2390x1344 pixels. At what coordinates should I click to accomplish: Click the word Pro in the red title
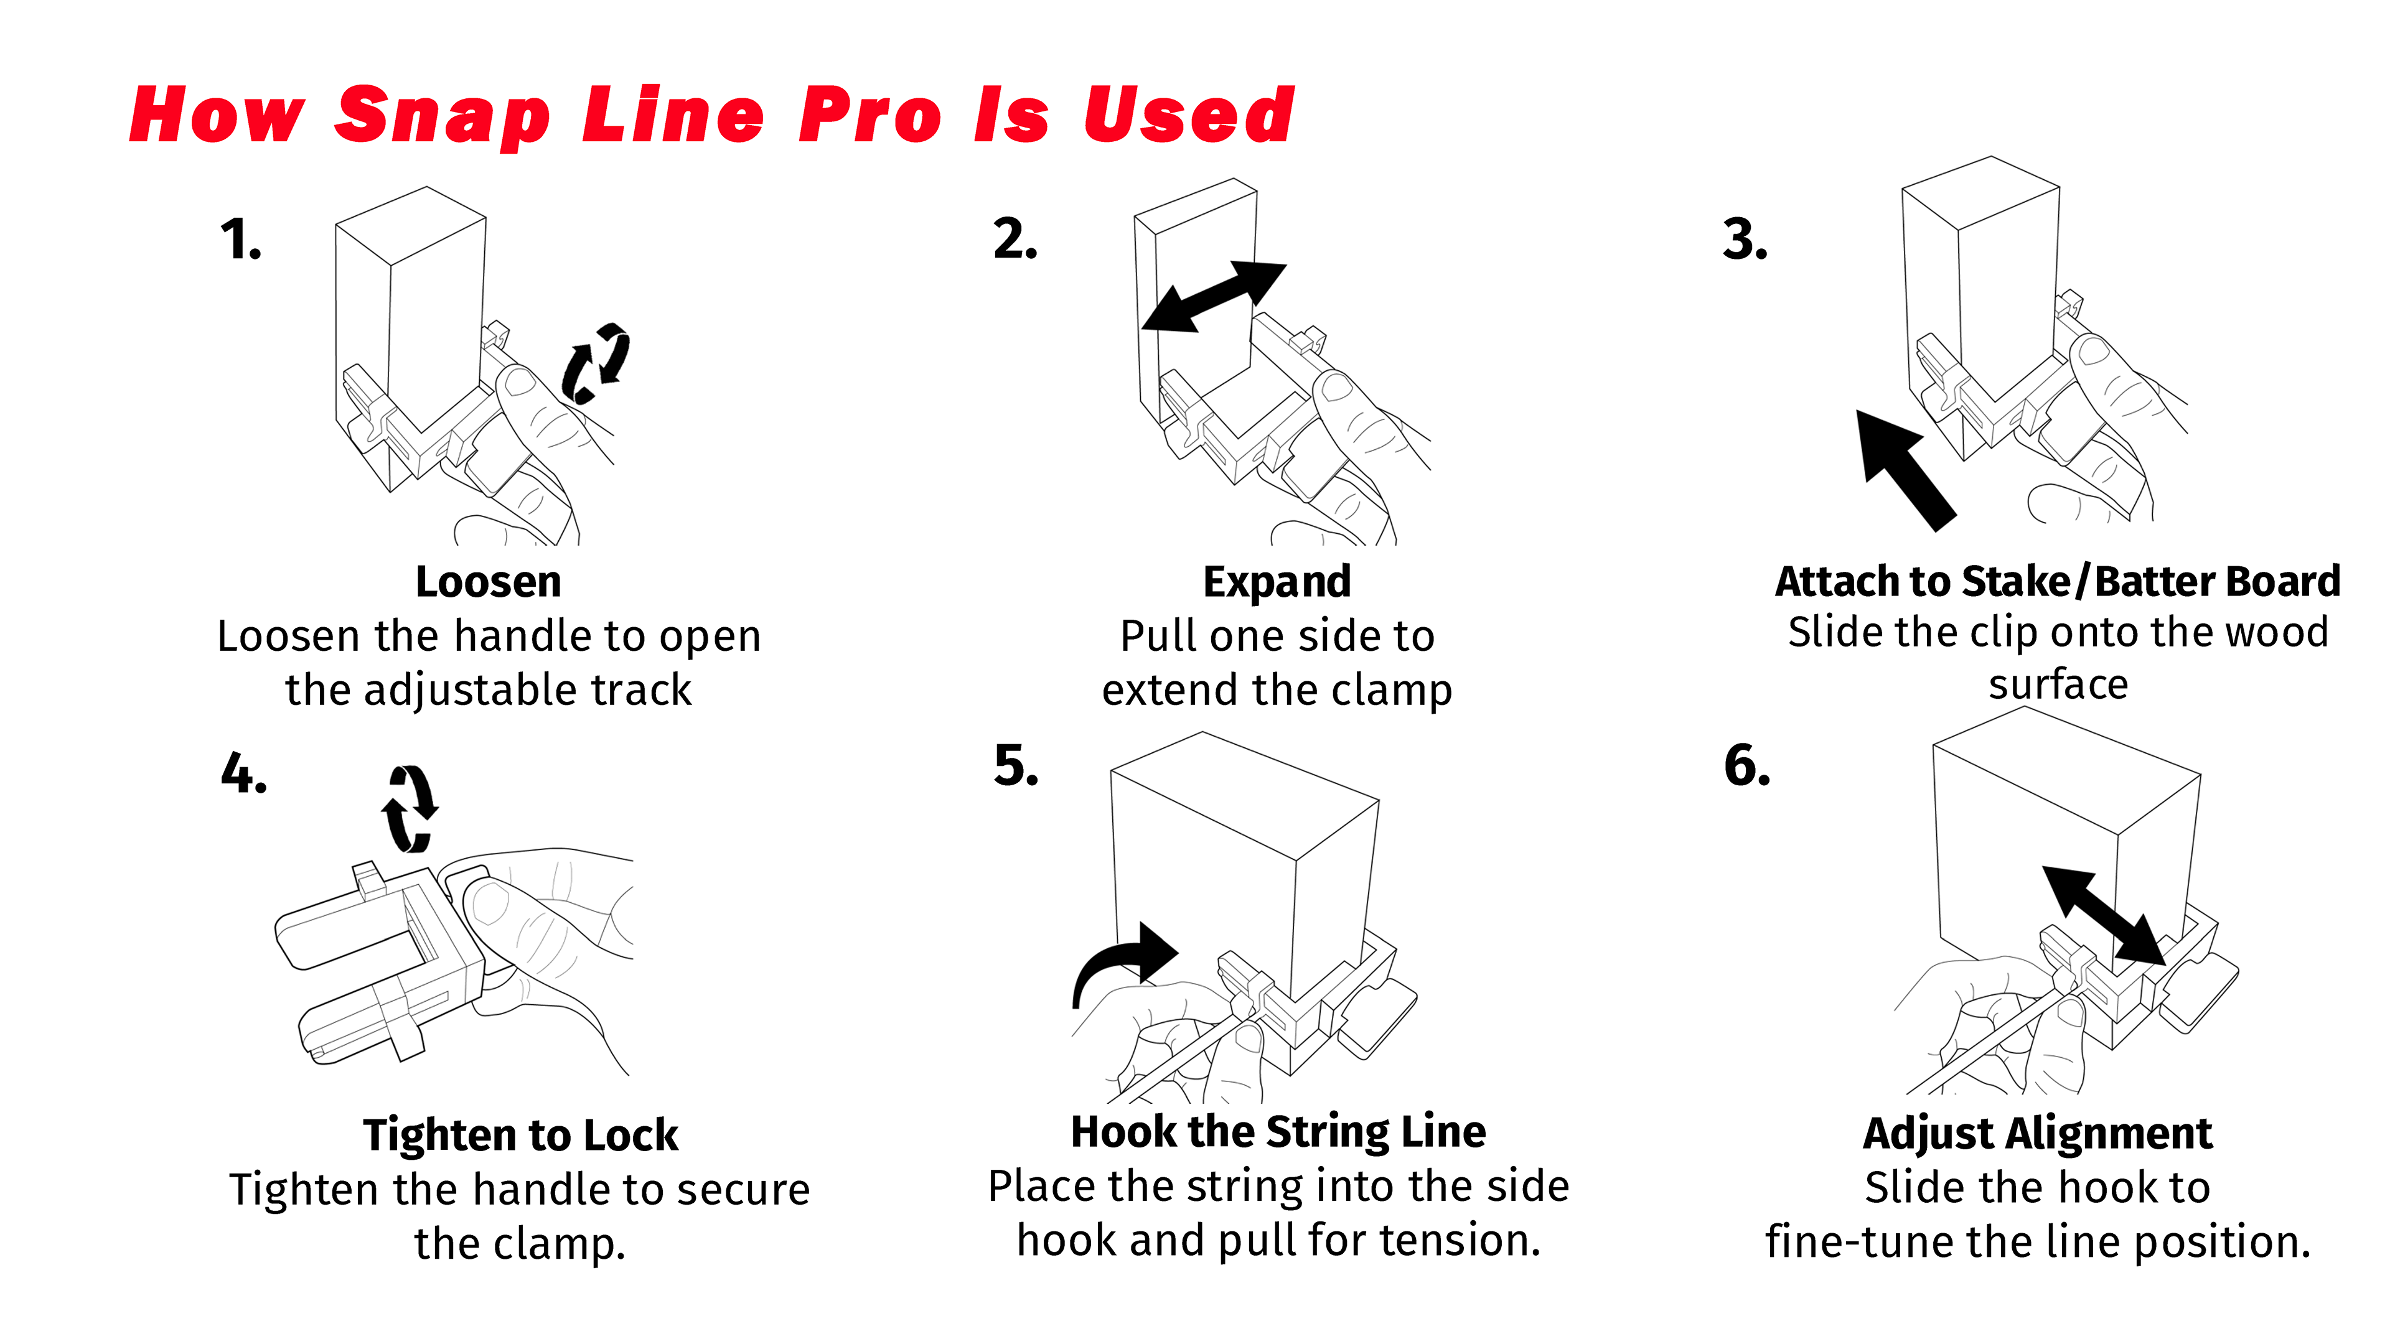(x=869, y=116)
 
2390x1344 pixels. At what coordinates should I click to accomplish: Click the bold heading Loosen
(x=488, y=582)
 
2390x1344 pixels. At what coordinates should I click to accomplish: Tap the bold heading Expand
(x=1277, y=582)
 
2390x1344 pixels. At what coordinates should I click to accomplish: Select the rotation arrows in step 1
(x=596, y=363)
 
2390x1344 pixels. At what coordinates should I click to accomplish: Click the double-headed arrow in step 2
(x=1214, y=297)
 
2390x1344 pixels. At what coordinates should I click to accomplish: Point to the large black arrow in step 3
(x=1904, y=469)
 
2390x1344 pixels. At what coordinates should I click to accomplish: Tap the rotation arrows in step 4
(x=409, y=809)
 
